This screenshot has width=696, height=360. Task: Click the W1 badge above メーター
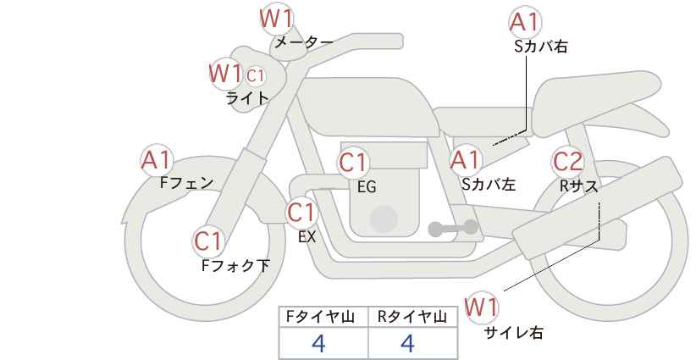(x=276, y=18)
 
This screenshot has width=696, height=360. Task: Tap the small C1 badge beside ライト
(x=256, y=76)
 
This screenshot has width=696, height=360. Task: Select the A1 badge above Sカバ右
(x=526, y=22)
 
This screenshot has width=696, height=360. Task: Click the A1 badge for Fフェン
(x=157, y=159)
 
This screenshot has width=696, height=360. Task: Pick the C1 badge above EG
(x=353, y=162)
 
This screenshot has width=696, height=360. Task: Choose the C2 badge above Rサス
(x=567, y=159)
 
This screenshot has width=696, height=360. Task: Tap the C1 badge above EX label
(x=301, y=211)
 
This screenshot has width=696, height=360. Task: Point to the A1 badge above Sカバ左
(x=465, y=159)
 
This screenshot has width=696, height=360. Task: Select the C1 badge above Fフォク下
(x=207, y=241)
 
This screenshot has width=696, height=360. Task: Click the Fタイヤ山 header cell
(x=323, y=317)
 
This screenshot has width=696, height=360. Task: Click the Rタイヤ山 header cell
(x=413, y=317)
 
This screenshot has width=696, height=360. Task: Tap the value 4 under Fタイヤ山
(x=318, y=343)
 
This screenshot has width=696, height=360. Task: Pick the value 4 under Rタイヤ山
(x=407, y=343)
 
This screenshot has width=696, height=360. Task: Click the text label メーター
(x=303, y=42)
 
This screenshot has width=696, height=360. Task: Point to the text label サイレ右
(x=514, y=333)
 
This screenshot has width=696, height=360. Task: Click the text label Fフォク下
(x=235, y=266)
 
